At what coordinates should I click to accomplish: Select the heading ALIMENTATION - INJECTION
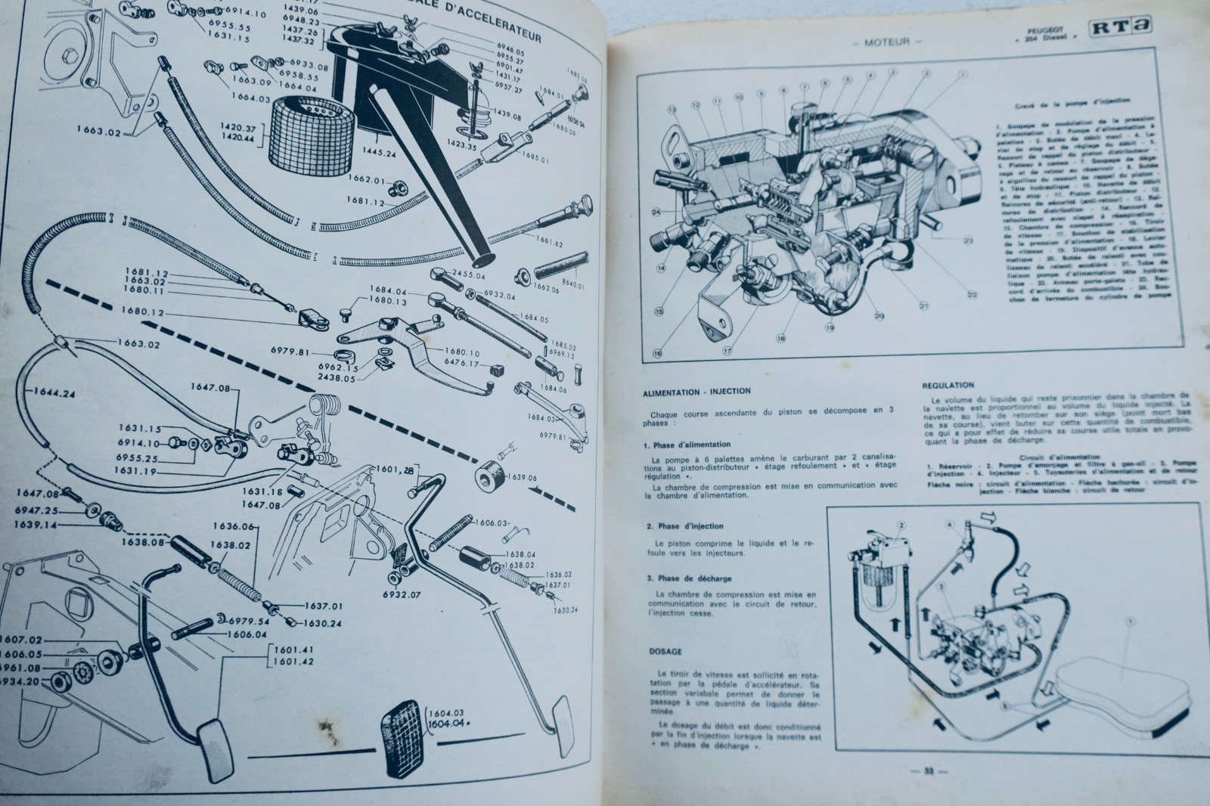point(696,391)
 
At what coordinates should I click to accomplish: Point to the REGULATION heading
point(948,385)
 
